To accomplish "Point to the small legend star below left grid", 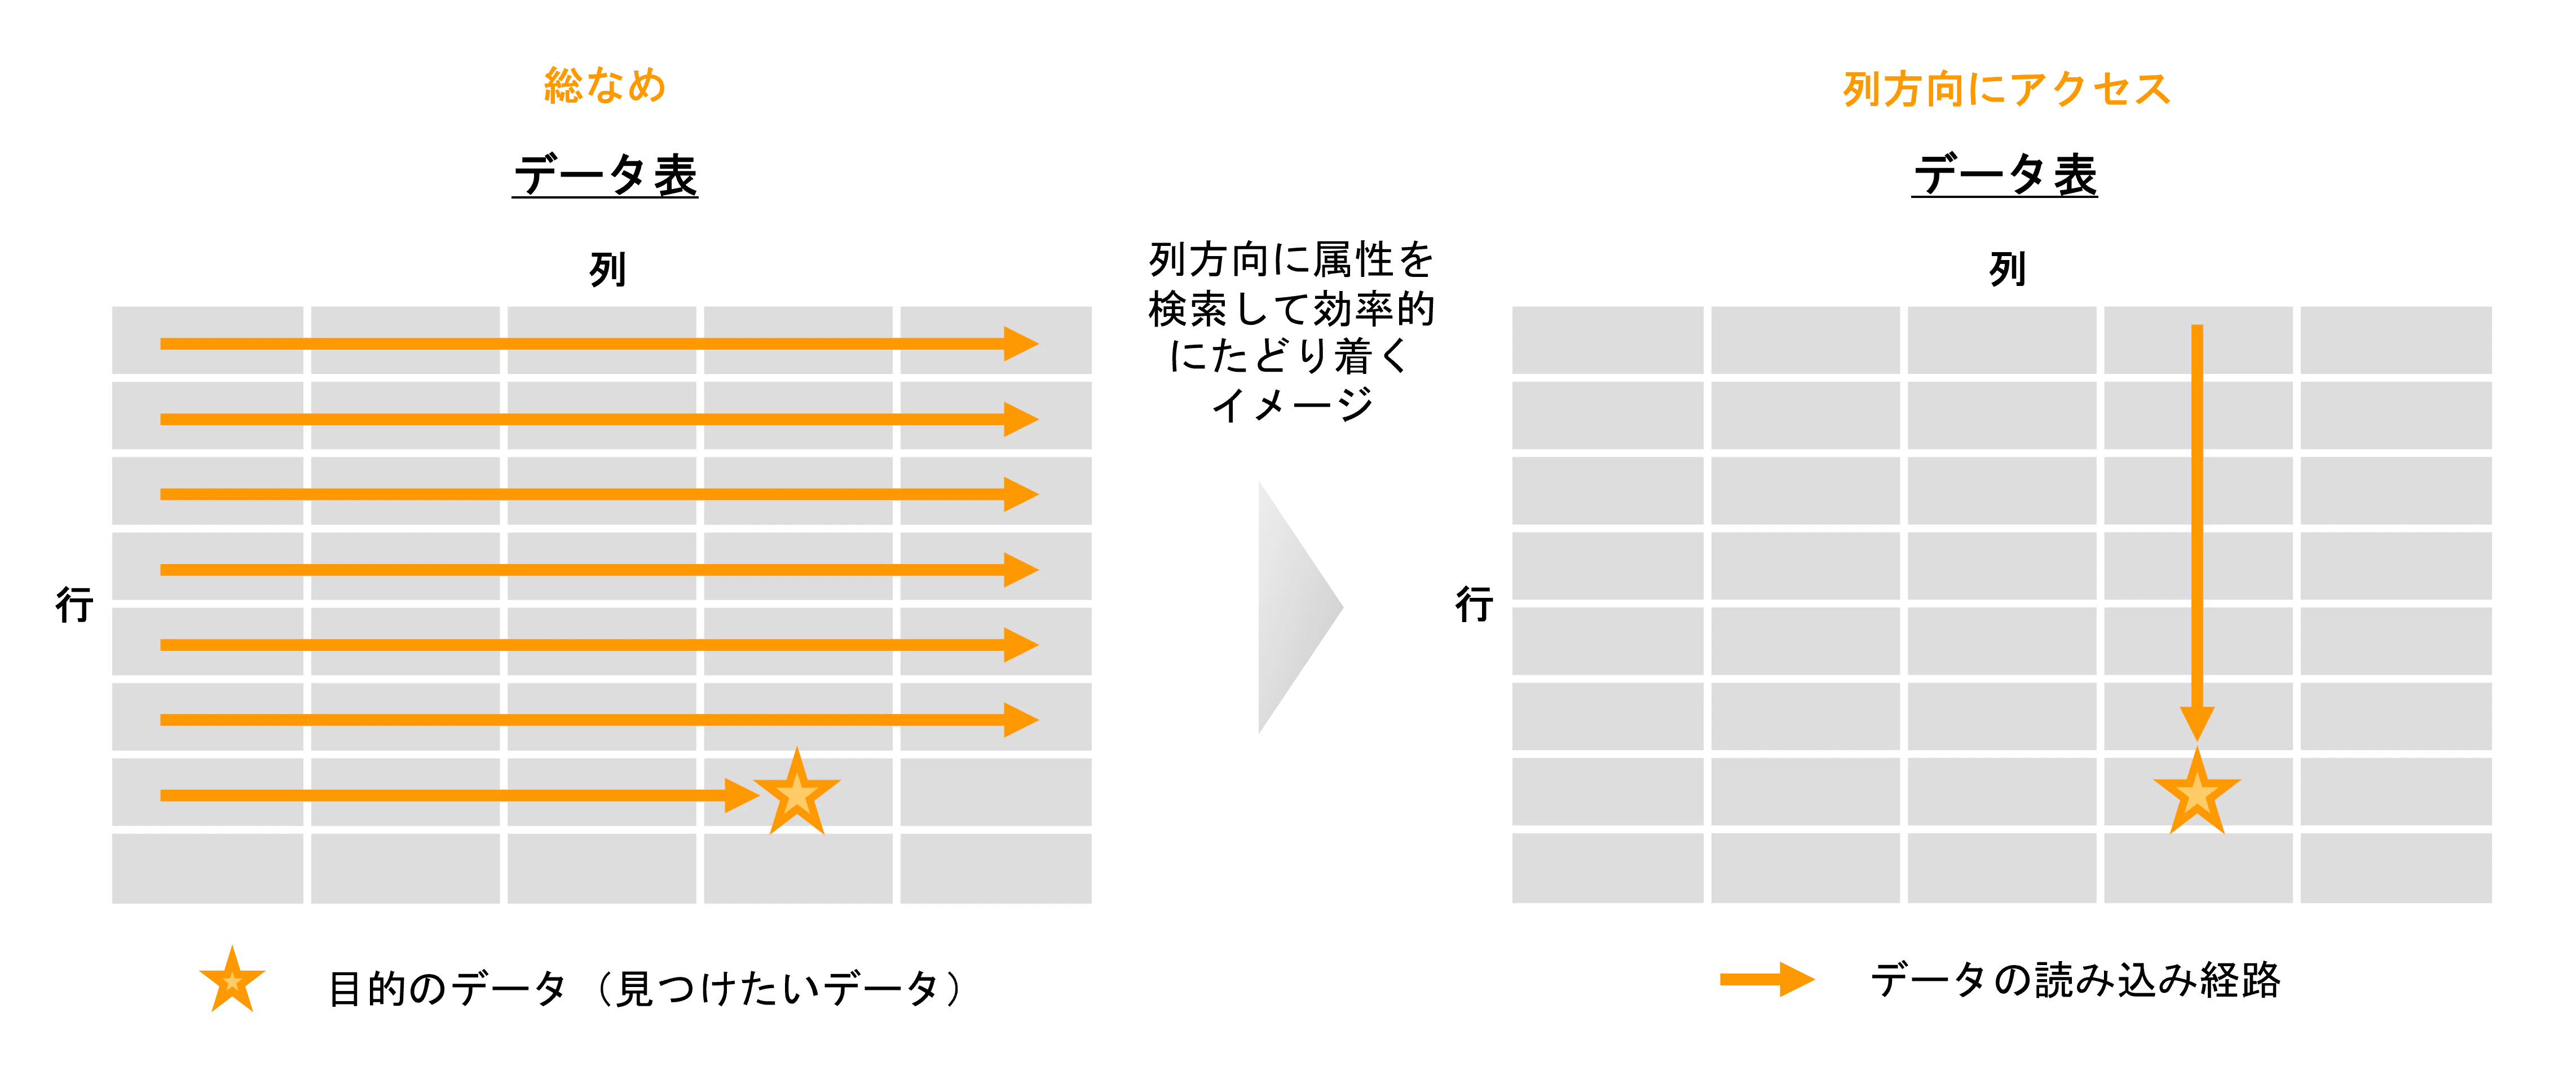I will (x=232, y=981).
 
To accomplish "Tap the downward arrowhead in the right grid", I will (x=2196, y=723).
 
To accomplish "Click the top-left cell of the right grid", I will (x=1607, y=341).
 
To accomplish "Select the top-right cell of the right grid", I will (x=2394, y=341).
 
